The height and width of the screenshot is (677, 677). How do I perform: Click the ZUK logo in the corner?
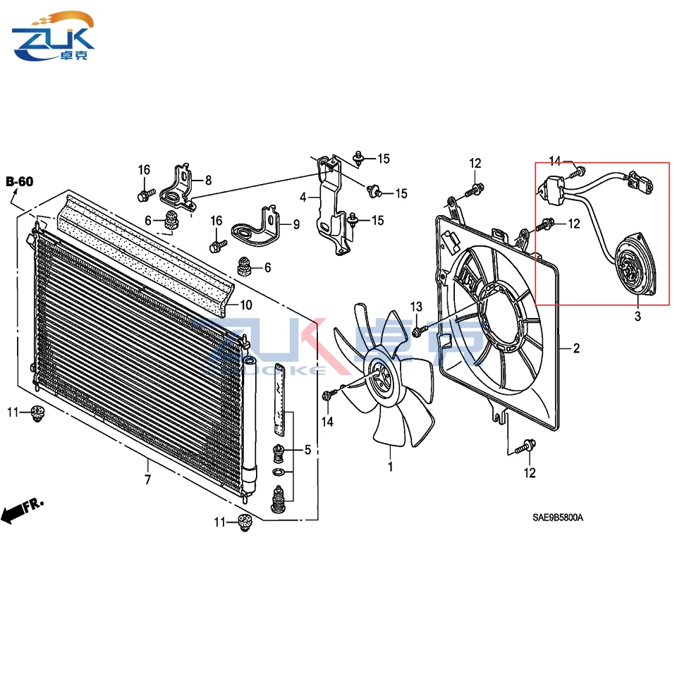pos(53,36)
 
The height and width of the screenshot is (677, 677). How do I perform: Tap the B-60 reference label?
pos(20,181)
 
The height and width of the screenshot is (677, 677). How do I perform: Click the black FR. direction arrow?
pos(22,510)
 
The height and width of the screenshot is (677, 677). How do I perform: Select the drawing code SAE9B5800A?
pos(557,517)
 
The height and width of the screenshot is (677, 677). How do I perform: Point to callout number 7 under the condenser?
pos(147,480)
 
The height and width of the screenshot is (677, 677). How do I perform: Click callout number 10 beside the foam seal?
pos(246,305)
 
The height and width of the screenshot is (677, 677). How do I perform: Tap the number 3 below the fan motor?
pos(638,316)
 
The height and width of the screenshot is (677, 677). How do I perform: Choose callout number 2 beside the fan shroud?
pos(576,348)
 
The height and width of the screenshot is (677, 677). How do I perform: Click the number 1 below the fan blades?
pos(390,466)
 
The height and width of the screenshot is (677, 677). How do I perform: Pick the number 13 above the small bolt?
pos(416,307)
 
